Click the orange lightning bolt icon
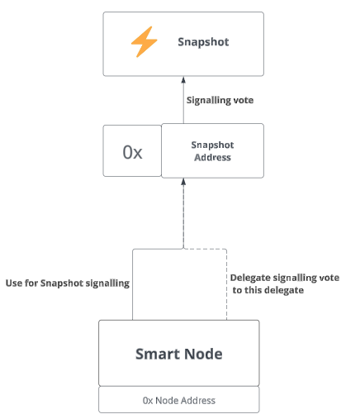144,41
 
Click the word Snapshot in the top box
203,42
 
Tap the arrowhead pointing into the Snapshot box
183,79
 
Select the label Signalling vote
220,100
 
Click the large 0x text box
132,150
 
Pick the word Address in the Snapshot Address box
212,157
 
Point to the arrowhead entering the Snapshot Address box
183,182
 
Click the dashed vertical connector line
227,284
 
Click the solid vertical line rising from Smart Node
133,284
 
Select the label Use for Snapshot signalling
68,283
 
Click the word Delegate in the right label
246,278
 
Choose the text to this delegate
268,290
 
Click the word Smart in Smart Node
158,354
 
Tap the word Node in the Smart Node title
203,354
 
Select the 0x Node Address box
179,400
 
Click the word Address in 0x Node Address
199,400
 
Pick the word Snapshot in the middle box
212,145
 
